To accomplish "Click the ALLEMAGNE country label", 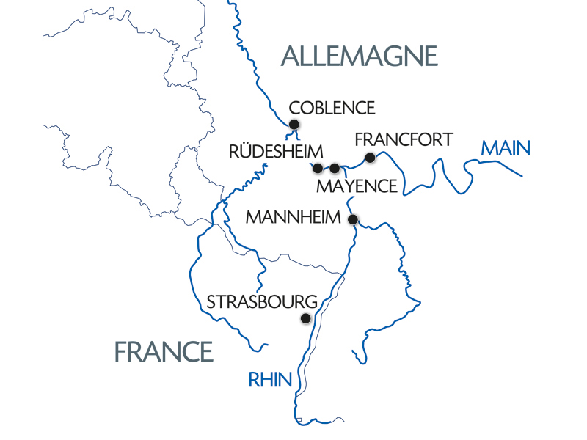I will click(359, 56).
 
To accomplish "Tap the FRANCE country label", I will click(164, 352).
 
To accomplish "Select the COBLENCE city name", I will click(332, 108).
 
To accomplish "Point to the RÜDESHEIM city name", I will click(265, 153).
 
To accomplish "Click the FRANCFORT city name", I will click(404, 139).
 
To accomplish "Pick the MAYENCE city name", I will click(357, 186).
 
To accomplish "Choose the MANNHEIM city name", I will click(293, 218).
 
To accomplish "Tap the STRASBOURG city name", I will click(262, 302).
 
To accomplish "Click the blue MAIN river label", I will click(505, 149).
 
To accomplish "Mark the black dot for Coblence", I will click(294, 124).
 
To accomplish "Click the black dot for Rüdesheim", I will click(317, 168).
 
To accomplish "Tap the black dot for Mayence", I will click(335, 168).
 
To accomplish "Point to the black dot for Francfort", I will click(370, 157).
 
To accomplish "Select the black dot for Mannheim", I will click(352, 219).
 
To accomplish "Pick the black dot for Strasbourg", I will click(306, 318).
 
